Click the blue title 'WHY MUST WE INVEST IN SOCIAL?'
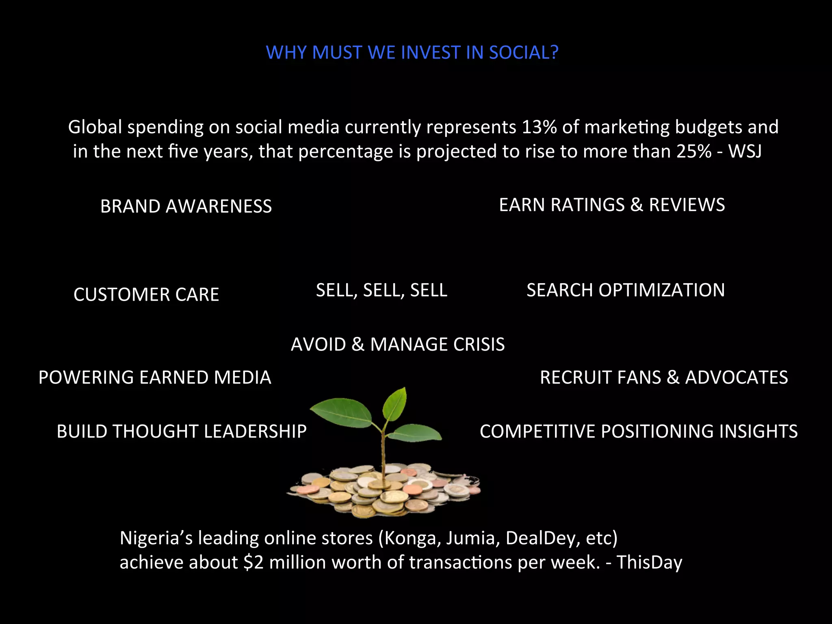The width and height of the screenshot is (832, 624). [412, 52]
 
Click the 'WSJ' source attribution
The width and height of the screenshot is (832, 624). [745, 152]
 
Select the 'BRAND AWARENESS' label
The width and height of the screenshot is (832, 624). [186, 206]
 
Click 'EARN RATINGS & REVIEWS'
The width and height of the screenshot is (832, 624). [612, 205]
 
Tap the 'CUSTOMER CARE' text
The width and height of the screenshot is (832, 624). [146, 295]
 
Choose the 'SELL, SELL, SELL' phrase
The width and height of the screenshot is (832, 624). [381, 290]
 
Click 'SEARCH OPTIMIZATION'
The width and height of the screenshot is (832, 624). [626, 290]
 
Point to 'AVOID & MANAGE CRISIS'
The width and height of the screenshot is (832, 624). [398, 344]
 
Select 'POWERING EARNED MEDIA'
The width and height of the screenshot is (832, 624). [155, 377]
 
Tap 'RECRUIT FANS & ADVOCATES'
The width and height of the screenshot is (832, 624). [664, 377]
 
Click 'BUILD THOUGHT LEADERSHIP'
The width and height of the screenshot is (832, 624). [182, 431]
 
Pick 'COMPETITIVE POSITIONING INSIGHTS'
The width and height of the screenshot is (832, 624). [639, 431]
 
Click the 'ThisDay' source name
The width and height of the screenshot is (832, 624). [649, 563]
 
